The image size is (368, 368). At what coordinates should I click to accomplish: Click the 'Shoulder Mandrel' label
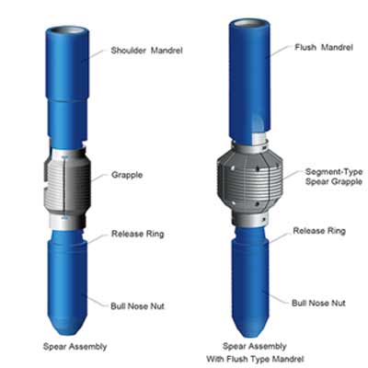coord(146,51)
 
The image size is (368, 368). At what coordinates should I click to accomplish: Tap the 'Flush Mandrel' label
coord(324,47)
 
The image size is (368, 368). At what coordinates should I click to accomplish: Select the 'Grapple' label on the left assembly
coord(127,175)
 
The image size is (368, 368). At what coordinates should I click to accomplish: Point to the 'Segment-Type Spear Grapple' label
coord(334,177)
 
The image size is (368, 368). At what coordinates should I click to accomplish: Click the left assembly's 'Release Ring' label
coord(138,234)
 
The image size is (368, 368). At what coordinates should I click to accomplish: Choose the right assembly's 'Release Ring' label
coord(319,231)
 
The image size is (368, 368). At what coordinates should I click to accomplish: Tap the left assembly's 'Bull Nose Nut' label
coord(137,306)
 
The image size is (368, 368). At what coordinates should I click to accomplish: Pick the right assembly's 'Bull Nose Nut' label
coord(318,303)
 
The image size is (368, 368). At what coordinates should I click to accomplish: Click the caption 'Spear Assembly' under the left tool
coord(75,347)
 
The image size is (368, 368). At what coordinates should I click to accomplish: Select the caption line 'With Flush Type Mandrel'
coord(255,359)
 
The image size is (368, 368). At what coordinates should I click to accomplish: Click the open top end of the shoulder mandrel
coord(67,31)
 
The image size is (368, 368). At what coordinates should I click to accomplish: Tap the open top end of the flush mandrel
coord(249,23)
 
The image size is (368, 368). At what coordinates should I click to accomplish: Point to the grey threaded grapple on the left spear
coord(67,184)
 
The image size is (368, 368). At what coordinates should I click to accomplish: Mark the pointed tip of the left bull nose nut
coord(67,336)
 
